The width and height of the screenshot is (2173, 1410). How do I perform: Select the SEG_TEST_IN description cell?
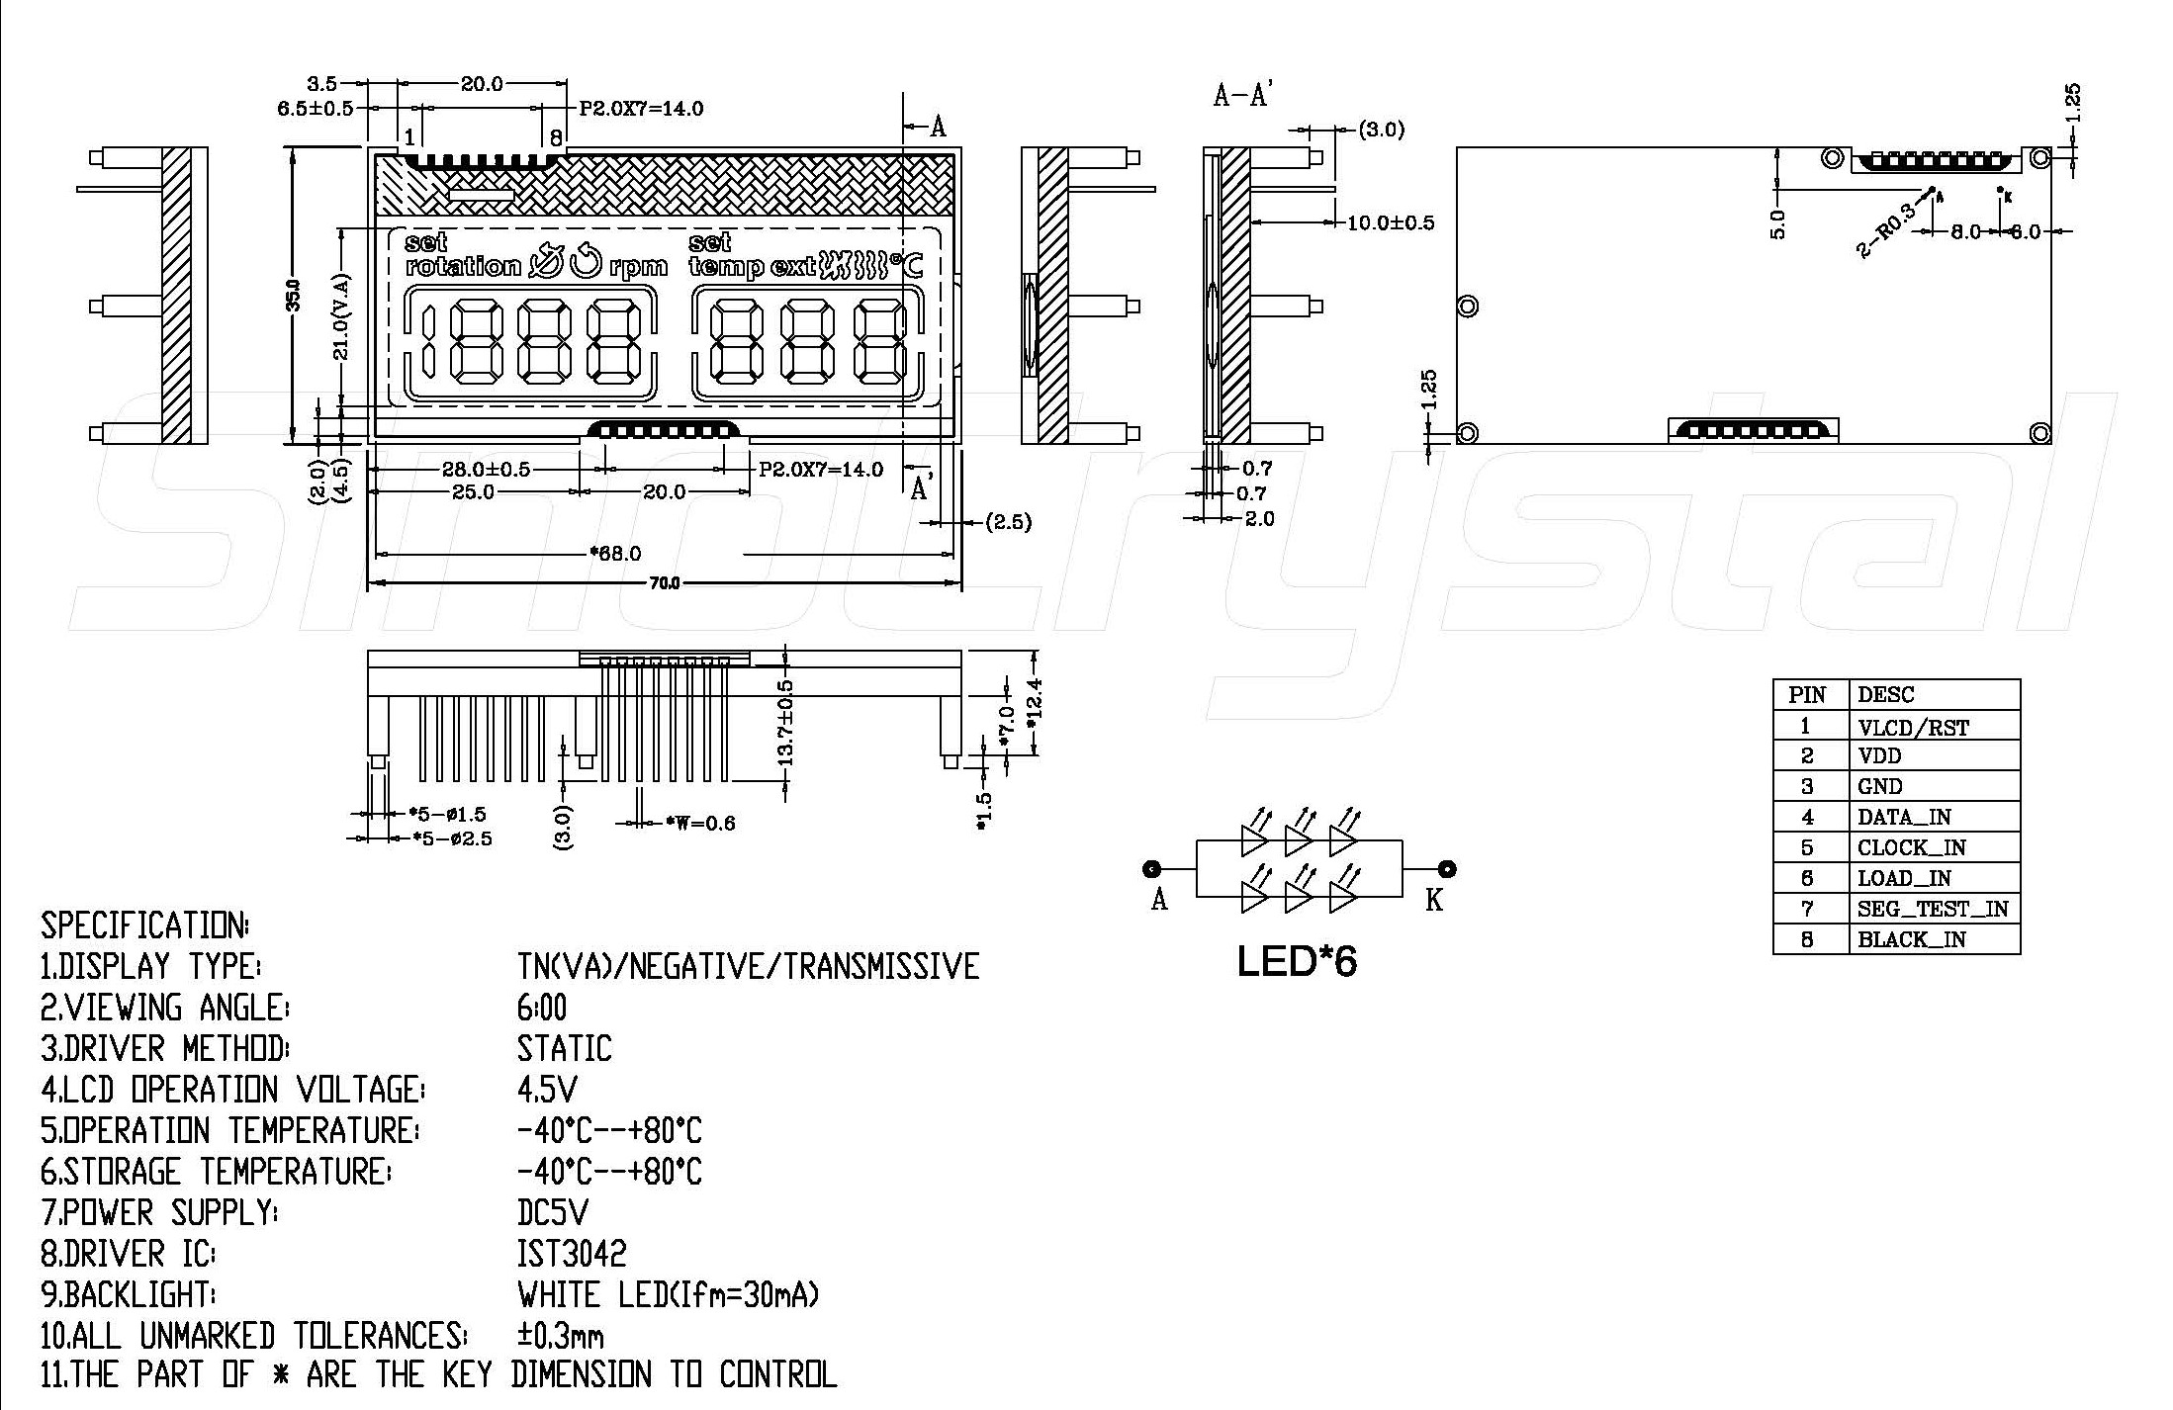pos(1934,909)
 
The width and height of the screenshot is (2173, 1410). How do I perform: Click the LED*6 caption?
pos(1297,961)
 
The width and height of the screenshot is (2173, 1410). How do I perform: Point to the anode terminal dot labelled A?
pos(1152,869)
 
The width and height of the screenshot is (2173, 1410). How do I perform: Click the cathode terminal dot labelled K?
pos(1447,869)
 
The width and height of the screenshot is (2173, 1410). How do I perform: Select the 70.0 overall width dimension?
pos(665,583)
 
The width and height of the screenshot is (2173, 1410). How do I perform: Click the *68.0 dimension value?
pos(614,554)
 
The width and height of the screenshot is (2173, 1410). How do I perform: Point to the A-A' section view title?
pos(1242,96)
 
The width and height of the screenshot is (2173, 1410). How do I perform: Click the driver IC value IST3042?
pos(572,1254)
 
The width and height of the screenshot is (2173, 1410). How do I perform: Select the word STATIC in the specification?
pos(565,1048)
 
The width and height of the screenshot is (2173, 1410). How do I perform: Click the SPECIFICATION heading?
pos(144,925)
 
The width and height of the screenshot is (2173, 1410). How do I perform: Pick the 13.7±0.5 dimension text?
pos(786,723)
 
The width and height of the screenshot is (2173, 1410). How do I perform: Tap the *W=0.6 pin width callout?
pos(700,823)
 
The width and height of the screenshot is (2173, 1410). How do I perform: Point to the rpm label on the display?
pos(638,267)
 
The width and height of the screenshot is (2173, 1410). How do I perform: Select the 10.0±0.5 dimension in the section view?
pos(1391,222)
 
